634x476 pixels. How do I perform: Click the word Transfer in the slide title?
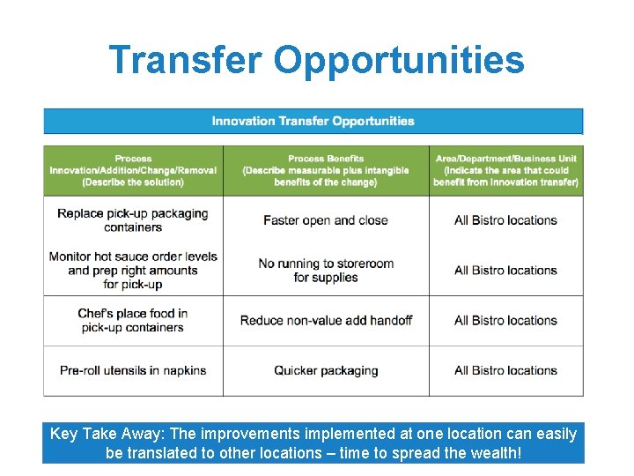[185, 61]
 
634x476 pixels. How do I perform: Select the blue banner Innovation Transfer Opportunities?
[313, 121]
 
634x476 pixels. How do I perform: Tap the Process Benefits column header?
[326, 170]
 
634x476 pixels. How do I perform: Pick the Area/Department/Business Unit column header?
[505, 170]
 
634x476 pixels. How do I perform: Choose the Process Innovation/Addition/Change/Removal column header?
[133, 170]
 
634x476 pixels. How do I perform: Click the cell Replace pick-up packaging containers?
[133, 220]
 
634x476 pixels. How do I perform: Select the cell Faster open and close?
[326, 220]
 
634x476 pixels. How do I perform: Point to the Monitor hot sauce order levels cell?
[133, 270]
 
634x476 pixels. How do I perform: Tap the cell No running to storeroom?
[326, 270]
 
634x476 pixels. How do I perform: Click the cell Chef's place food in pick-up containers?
[133, 320]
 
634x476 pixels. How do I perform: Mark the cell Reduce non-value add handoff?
[326, 320]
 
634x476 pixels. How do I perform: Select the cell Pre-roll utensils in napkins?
[133, 370]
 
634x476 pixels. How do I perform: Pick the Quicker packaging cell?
[326, 370]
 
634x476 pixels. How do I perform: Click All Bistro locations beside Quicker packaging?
[505, 370]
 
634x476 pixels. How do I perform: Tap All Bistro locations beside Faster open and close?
[505, 220]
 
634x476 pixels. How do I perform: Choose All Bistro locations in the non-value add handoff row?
[505, 320]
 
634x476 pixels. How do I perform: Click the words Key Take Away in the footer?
[97, 434]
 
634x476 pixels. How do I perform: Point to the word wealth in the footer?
[493, 453]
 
